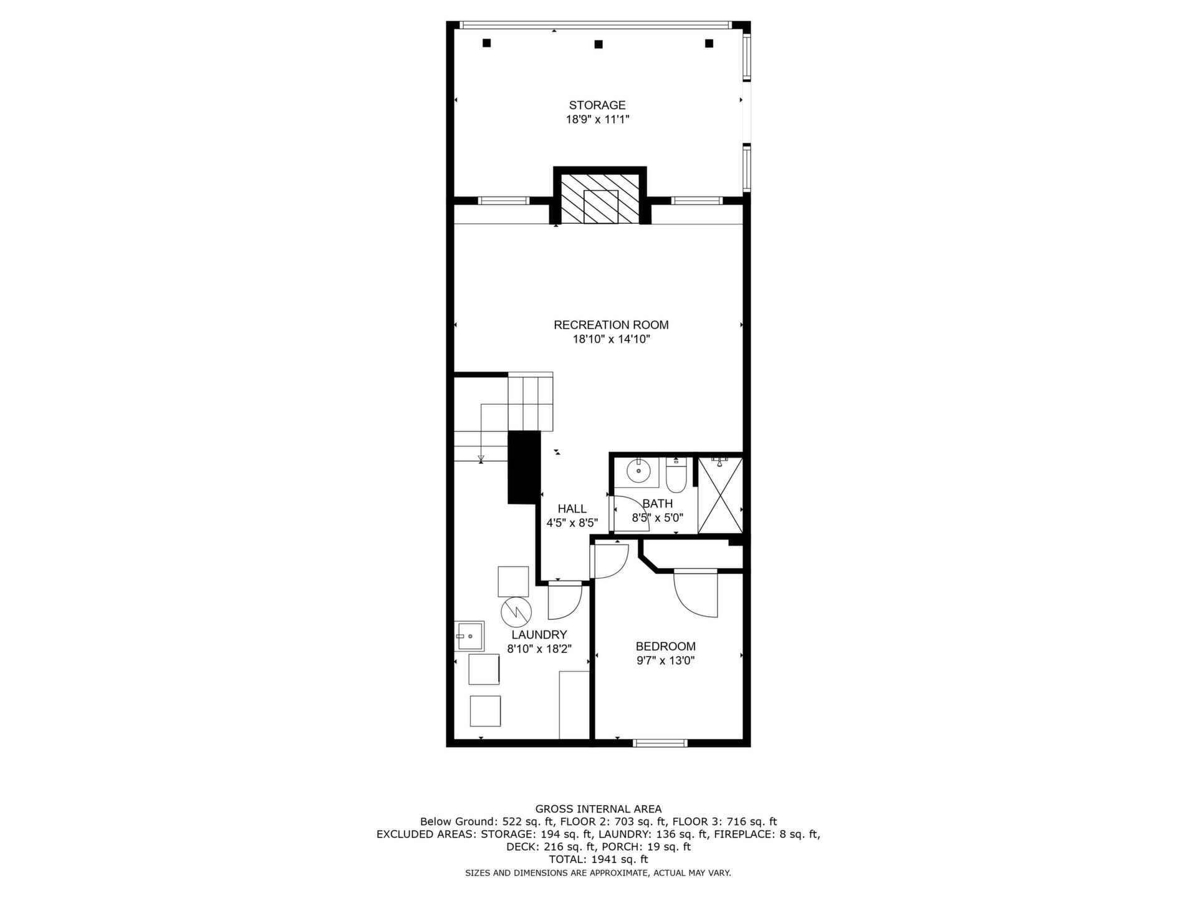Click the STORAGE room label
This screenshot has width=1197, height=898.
pyautogui.click(x=597, y=105)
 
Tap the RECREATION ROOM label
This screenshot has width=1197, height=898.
pyautogui.click(x=611, y=325)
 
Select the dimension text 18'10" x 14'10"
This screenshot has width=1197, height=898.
pyautogui.click(x=611, y=339)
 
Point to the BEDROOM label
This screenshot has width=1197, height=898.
pyautogui.click(x=665, y=647)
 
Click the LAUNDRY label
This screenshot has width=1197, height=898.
pyautogui.click(x=539, y=635)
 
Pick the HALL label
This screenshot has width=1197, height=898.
pyautogui.click(x=572, y=509)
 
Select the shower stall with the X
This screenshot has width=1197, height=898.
pyautogui.click(x=720, y=496)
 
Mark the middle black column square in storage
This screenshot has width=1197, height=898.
pyautogui.click(x=598, y=44)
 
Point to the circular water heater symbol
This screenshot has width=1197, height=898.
pyautogui.click(x=516, y=612)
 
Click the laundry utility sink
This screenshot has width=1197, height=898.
pyautogui.click(x=469, y=636)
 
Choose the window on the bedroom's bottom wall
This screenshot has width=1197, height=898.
pyautogui.click(x=660, y=743)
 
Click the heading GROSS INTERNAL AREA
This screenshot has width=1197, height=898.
pyautogui.click(x=598, y=809)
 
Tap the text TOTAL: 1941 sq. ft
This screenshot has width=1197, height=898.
pyautogui.click(x=598, y=859)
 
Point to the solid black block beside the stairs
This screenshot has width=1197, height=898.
pyautogui.click(x=524, y=467)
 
